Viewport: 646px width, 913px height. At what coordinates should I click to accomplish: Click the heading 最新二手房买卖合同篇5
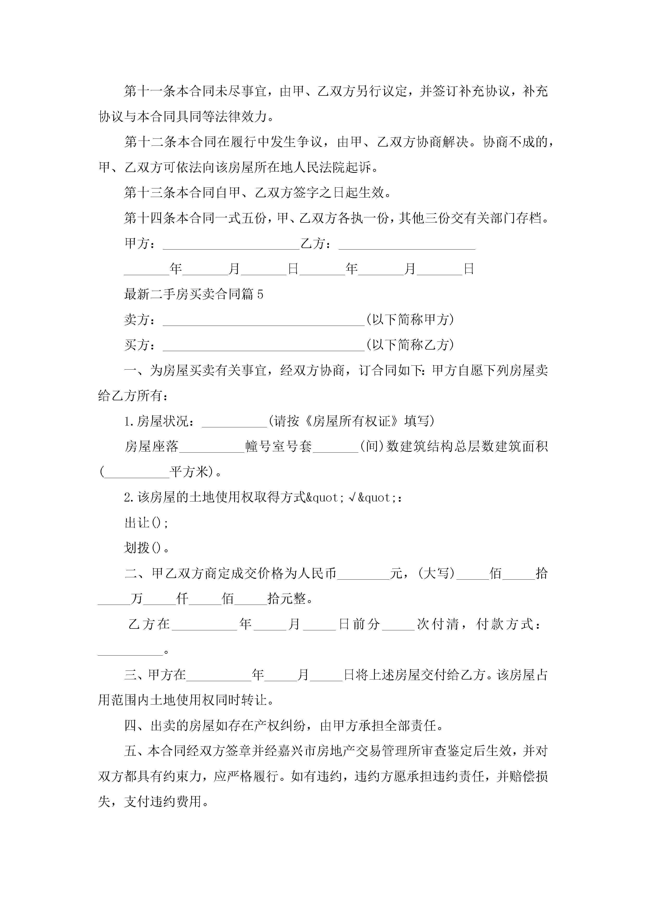point(194,294)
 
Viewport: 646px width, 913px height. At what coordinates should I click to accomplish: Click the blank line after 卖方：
point(264,320)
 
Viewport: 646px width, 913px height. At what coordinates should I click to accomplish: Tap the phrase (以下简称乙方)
point(410,345)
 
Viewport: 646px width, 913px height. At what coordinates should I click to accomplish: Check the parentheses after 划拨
point(156,549)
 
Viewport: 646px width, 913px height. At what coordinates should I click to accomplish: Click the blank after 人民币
point(363,574)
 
